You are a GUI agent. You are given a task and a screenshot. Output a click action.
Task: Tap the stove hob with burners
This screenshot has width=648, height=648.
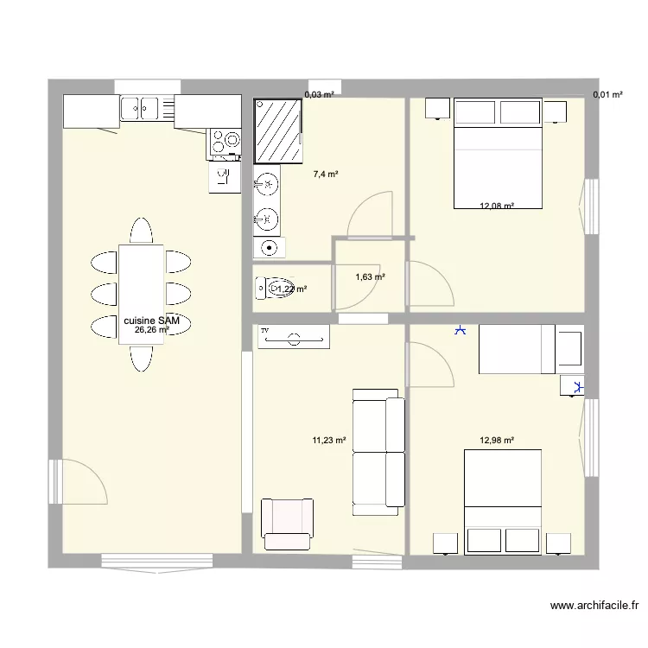(224, 144)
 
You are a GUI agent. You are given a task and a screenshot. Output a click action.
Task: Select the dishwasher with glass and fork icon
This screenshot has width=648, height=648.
(224, 177)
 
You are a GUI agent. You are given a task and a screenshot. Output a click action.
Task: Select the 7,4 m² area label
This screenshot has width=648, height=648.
(326, 174)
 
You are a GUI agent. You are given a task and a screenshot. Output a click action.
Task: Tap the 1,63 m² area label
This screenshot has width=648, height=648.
(370, 277)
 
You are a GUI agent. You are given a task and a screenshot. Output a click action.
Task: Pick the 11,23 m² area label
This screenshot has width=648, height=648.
(329, 440)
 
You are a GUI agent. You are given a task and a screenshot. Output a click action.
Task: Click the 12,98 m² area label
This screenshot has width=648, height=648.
(497, 440)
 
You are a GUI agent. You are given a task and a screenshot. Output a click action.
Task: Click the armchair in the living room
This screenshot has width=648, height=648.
(287, 524)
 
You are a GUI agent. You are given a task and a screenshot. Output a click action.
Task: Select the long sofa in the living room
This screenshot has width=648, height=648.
(378, 447)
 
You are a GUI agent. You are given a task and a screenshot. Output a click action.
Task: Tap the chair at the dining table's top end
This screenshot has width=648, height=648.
(141, 231)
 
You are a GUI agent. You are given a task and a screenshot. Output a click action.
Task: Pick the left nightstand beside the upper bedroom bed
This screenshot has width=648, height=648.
(436, 109)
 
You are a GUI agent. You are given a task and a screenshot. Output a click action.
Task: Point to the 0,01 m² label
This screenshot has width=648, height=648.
(607, 95)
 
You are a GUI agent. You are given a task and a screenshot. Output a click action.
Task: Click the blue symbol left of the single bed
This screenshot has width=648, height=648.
(461, 329)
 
